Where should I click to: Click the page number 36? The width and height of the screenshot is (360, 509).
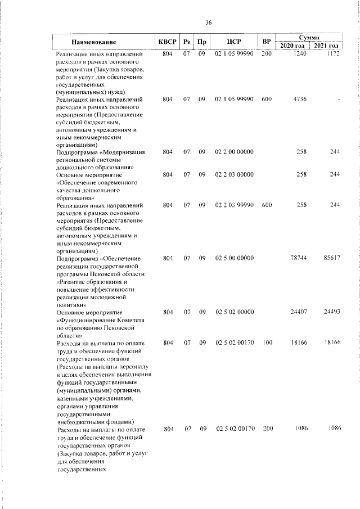(208, 23)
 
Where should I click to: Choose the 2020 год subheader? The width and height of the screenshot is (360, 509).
(293, 46)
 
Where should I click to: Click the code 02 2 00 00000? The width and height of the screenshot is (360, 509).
(234, 152)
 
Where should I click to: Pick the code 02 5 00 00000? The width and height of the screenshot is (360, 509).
(234, 258)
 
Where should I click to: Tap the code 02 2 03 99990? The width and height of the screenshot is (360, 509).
(234, 205)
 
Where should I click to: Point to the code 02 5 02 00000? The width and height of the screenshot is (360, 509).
(234, 312)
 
